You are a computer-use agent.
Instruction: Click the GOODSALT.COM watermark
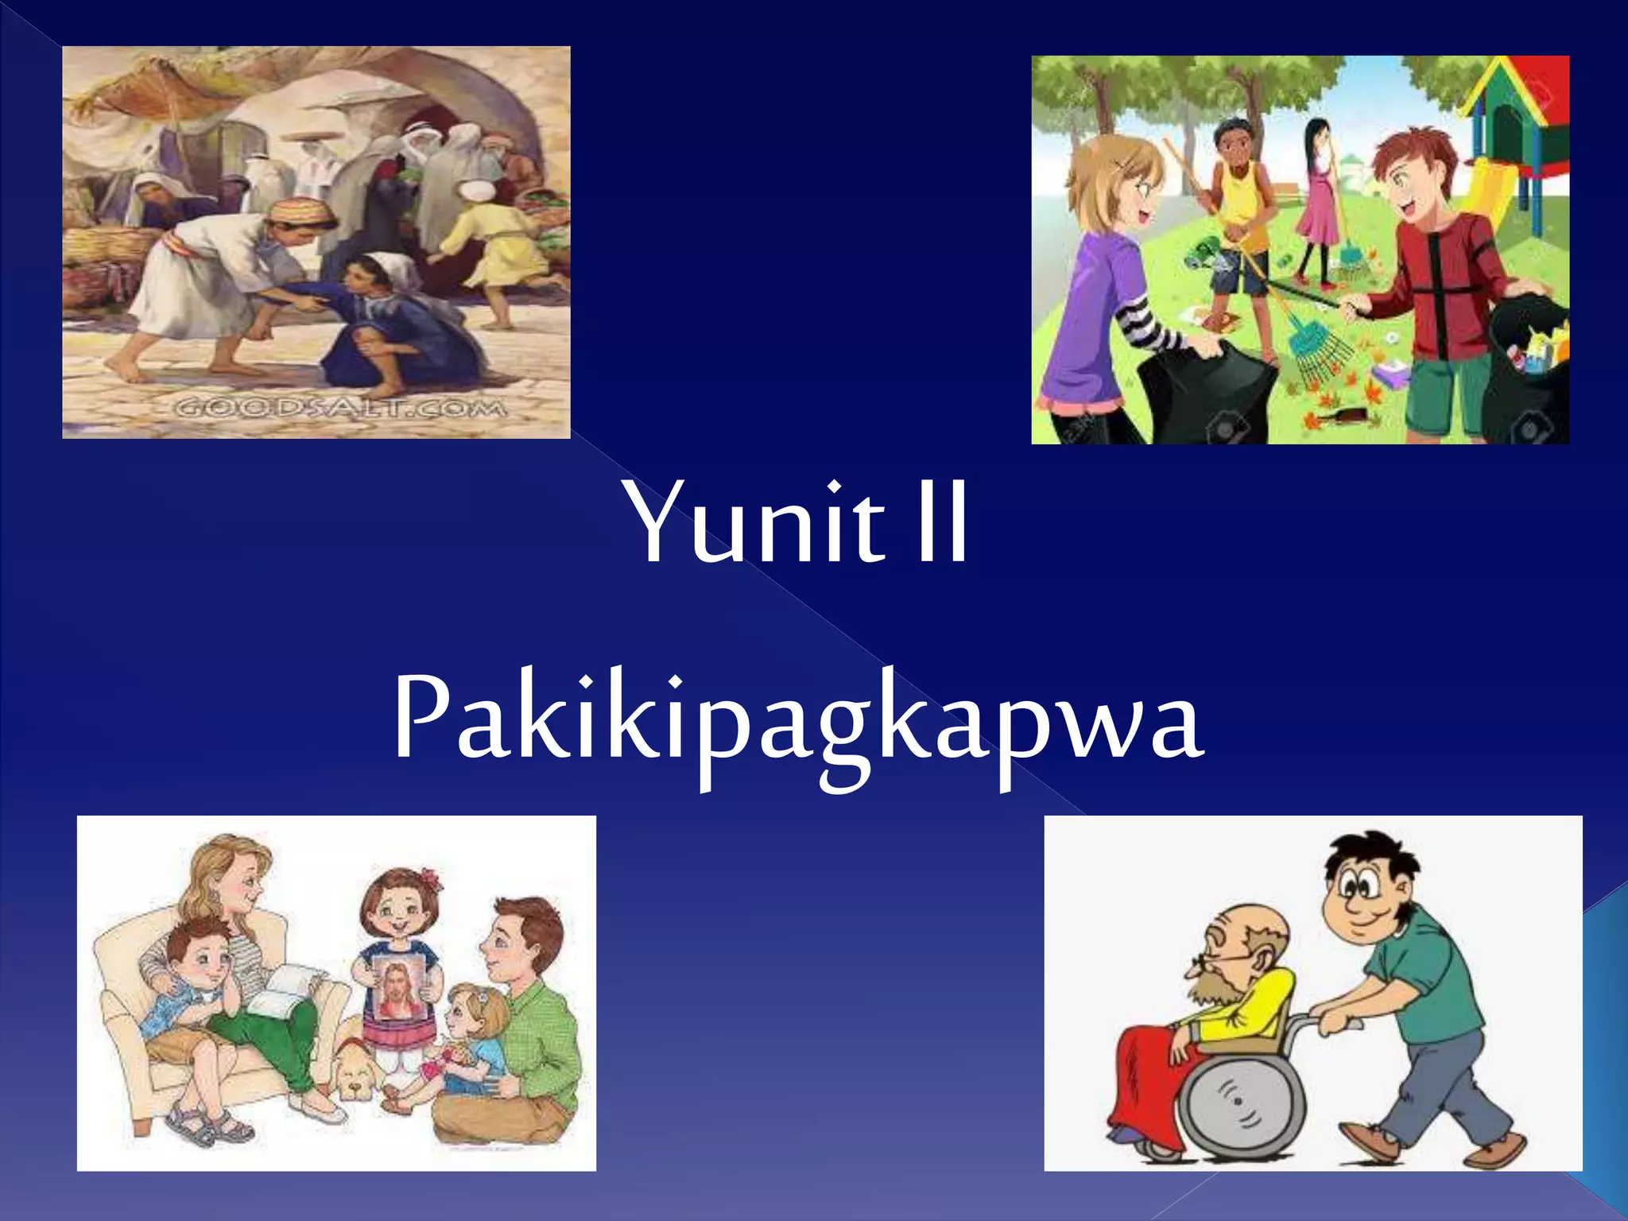pos(339,409)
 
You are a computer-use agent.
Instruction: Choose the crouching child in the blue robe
pos(382,326)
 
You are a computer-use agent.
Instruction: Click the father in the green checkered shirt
pos(525,1025)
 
